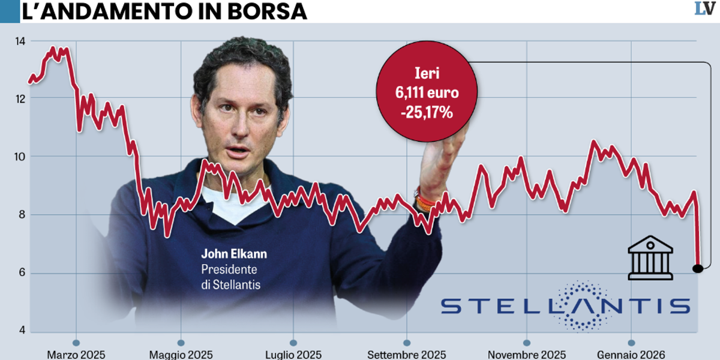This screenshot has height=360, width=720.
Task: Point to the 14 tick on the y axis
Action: [20, 41]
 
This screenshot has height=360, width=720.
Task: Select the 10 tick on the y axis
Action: [20, 157]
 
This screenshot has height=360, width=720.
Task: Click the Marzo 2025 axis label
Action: [76, 355]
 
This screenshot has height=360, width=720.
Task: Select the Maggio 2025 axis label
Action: [181, 355]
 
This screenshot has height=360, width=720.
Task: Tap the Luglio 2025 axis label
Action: [293, 355]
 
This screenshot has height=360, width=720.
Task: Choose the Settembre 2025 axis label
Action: [406, 355]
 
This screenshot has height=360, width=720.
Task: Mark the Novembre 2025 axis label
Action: [526, 355]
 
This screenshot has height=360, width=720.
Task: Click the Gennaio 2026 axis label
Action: [631, 355]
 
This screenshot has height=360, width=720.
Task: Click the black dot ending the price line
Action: [697, 268]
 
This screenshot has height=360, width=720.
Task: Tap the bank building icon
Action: [650, 259]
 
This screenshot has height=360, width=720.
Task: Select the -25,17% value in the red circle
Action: [427, 112]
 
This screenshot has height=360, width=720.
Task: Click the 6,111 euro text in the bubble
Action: [427, 93]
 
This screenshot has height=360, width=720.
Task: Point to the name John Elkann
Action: [234, 254]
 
